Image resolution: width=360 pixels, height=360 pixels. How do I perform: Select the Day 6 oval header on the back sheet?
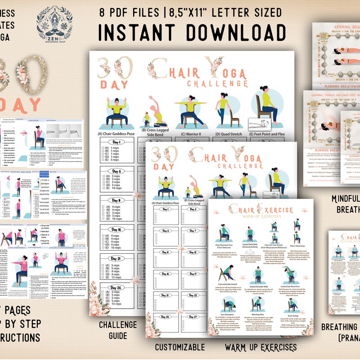pos(116,171)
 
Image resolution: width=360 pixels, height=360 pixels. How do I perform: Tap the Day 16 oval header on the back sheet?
pos(116,229)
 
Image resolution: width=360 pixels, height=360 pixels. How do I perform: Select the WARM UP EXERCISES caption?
pos(261,347)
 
